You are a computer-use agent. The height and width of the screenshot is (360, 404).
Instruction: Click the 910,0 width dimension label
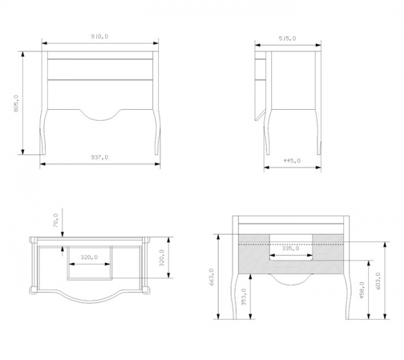100,36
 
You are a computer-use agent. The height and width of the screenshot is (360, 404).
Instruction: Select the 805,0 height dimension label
16,103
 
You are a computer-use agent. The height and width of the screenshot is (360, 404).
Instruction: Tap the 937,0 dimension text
100,157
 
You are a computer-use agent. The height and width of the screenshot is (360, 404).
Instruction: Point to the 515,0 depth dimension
288,38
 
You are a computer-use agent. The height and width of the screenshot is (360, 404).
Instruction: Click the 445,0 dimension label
292,160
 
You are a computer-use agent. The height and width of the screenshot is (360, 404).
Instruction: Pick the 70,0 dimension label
56,220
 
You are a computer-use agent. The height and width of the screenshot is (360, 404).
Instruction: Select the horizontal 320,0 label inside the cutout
89,257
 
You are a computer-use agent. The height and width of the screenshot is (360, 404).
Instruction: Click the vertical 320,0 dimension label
162,258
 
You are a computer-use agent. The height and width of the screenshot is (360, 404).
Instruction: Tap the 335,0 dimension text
290,248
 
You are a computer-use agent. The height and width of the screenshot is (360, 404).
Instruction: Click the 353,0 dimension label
244,297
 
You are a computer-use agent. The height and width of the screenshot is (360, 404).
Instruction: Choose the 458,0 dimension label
362,290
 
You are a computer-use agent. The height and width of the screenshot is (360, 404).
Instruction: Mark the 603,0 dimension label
378,281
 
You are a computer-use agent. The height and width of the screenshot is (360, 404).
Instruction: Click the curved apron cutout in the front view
100,115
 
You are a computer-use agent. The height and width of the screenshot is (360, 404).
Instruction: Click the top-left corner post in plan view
34,240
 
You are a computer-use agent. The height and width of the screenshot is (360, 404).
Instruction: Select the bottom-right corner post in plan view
145,290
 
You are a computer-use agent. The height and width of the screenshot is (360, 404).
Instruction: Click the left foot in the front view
43,147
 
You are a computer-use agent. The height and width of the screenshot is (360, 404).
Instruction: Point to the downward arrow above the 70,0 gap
63,222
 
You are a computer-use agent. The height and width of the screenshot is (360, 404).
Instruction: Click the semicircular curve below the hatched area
290,280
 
